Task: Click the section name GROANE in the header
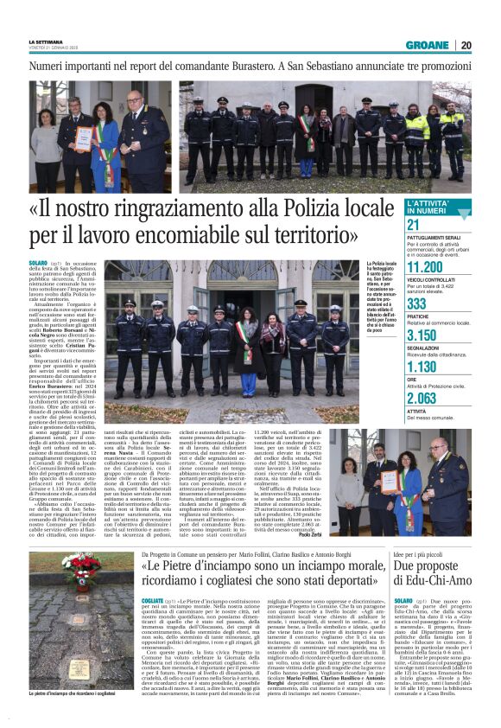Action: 426,45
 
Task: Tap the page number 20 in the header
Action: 466,45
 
